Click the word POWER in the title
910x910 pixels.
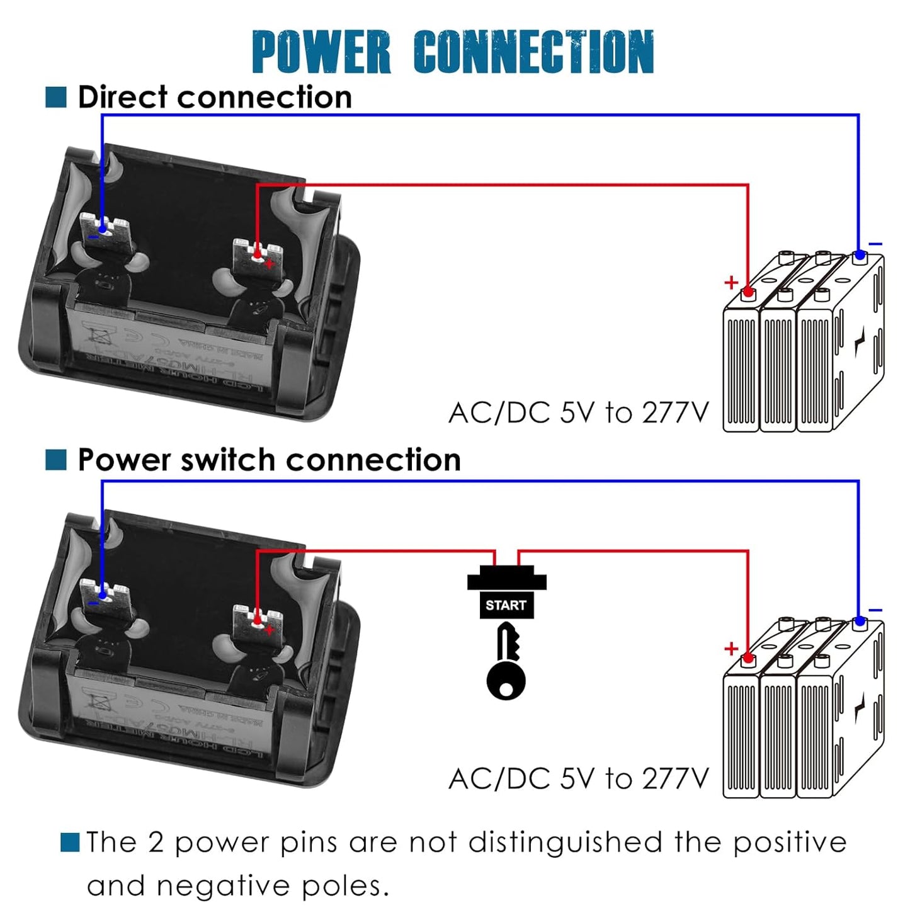(321, 52)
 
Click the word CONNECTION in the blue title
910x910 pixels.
(534, 52)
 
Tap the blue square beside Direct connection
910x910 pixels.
(56, 98)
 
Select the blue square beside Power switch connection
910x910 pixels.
(56, 460)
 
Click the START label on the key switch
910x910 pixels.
(506, 605)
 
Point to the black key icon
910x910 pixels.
(506, 661)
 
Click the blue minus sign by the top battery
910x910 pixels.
(875, 244)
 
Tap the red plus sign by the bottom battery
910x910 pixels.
(731, 648)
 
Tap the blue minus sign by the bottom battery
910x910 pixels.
(875, 610)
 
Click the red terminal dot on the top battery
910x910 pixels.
(748, 292)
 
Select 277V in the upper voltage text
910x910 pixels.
(675, 413)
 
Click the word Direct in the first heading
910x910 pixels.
(123, 98)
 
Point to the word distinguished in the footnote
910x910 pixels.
(565, 843)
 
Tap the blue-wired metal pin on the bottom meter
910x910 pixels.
(105, 593)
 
